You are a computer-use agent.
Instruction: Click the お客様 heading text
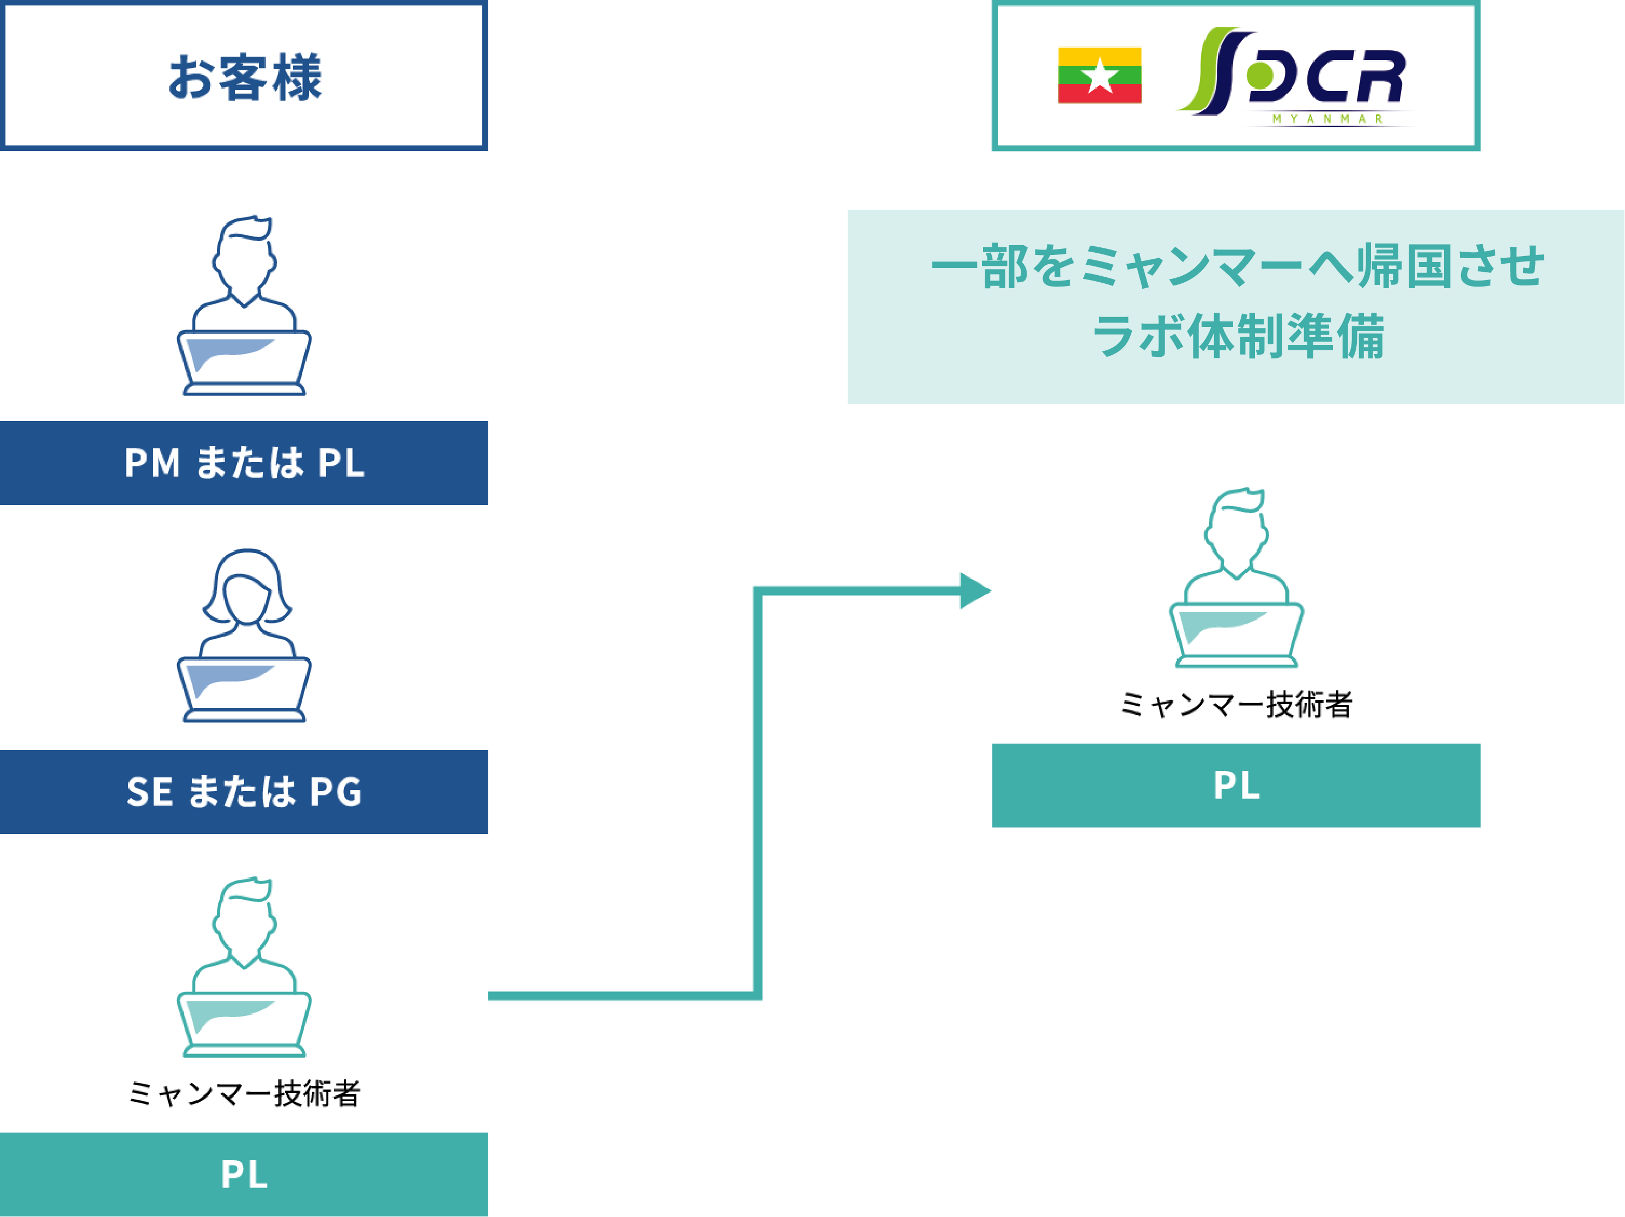point(245,77)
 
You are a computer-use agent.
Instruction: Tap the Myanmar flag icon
point(1099,76)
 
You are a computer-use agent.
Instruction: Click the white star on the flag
point(1100,76)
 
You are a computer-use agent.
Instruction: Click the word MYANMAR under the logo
point(1327,119)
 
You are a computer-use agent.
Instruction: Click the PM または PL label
point(244,463)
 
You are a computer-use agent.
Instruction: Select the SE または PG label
point(244,792)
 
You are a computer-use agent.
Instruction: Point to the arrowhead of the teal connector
point(975,591)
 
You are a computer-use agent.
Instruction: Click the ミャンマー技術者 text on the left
point(244,1093)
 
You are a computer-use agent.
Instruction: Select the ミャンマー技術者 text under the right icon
point(1236,704)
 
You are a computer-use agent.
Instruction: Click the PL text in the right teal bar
point(1236,785)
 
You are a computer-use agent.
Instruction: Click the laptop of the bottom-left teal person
point(244,1023)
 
